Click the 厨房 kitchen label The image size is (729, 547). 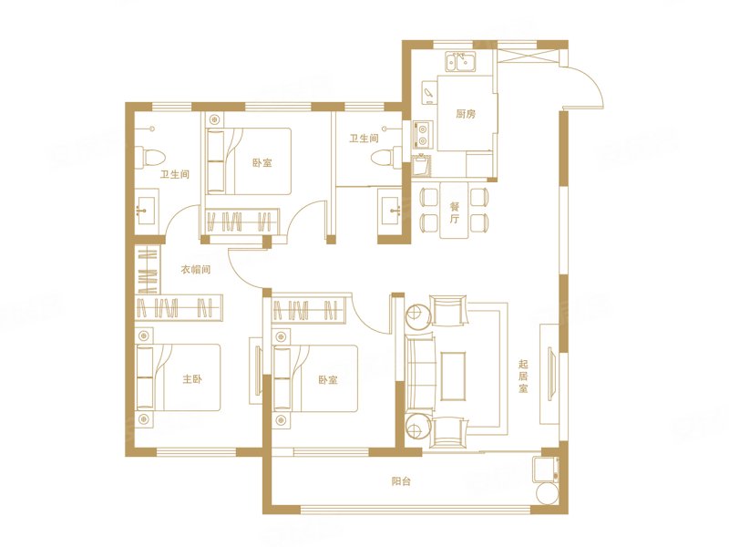pos(466,113)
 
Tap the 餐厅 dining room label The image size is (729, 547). pos(454,212)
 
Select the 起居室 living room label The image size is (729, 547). pos(523,376)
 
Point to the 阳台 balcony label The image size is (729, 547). pos(401,481)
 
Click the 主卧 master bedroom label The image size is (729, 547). pos(191,379)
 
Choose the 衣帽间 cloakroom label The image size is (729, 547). pos(196,269)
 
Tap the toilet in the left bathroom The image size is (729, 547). pos(149,156)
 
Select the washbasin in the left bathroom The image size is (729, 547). pos(147,207)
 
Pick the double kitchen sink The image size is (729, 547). pos(461,61)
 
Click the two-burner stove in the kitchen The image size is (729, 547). pos(423,133)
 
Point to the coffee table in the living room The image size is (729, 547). pos(453,377)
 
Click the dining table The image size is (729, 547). pos(454,210)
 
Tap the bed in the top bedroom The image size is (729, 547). pos(249,161)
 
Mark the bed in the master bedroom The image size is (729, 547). pos(178,377)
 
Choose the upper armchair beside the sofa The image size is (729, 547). pos(448,310)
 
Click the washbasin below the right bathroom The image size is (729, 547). pos(390,211)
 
